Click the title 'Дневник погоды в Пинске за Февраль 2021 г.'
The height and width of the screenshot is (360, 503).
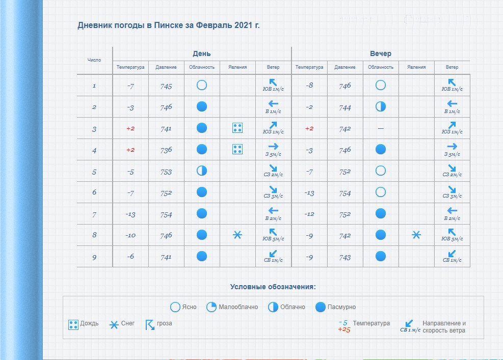[169, 25]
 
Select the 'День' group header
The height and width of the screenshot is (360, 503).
[201, 53]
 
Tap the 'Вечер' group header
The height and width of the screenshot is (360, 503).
[380, 53]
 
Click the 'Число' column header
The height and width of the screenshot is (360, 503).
[94, 60]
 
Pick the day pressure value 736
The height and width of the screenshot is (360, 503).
[166, 150]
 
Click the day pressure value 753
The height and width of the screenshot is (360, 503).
[166, 172]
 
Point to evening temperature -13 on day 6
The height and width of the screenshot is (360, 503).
[309, 193]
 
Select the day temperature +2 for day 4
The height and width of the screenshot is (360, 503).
[130, 150]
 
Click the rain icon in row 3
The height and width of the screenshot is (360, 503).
[237, 128]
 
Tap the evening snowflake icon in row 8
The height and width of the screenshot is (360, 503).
[416, 235]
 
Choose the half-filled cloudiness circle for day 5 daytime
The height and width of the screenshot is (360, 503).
[202, 171]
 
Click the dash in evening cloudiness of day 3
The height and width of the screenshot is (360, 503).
[380, 129]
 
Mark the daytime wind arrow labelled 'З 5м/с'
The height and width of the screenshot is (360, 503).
[273, 146]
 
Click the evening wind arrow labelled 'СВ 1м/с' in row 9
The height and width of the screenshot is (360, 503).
[452, 254]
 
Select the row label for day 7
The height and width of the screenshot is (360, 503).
[94, 214]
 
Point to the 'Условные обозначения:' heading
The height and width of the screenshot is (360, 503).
[273, 287]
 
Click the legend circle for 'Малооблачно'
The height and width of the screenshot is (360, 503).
[211, 307]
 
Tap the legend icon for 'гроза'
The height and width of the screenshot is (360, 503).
[150, 324]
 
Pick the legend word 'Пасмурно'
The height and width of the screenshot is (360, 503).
[341, 307]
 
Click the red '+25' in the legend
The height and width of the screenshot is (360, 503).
[344, 329]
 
